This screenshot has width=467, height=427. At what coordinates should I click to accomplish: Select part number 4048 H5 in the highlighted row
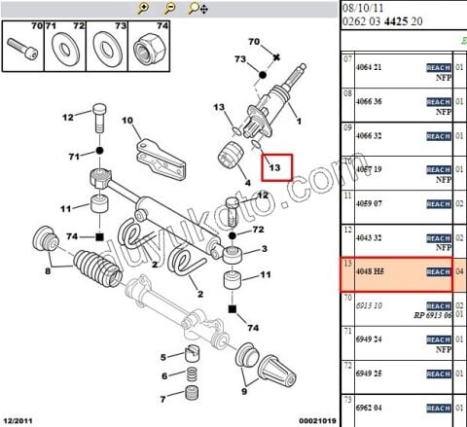370,272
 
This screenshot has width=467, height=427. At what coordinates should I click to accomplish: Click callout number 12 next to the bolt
68,118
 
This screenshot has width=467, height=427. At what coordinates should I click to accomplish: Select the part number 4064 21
371,66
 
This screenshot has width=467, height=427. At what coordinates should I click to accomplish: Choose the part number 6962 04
371,408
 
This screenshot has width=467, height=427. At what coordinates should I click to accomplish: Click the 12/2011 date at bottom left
21,419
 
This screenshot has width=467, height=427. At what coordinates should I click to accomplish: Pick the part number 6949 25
371,374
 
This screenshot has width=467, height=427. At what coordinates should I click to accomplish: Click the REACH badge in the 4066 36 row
439,101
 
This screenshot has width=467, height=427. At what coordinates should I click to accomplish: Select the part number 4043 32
371,237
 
